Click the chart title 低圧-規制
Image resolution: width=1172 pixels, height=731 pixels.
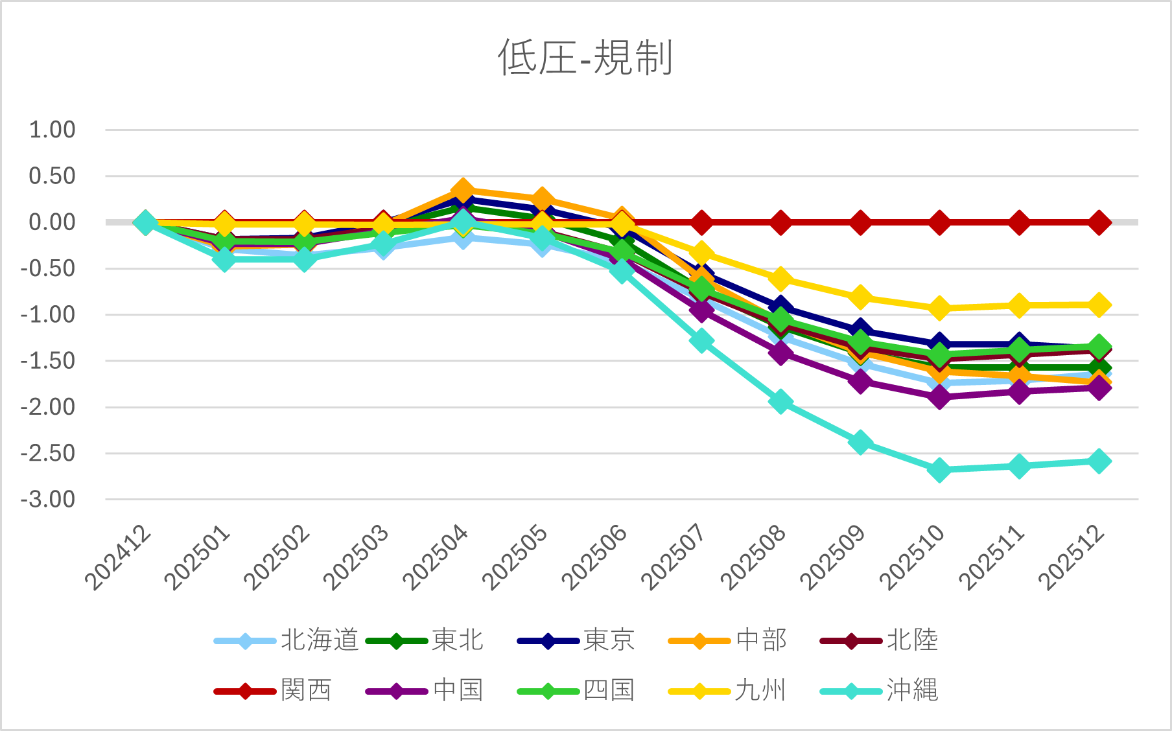point(585,58)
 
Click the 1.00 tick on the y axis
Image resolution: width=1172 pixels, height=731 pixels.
point(53,130)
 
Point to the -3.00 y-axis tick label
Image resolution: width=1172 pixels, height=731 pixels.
point(49,500)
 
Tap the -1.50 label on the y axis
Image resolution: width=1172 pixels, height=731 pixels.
point(49,361)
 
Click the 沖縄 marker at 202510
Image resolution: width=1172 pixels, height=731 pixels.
point(939,470)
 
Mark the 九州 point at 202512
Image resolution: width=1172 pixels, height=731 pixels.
point(1098,305)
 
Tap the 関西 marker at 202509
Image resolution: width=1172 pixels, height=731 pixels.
point(860,223)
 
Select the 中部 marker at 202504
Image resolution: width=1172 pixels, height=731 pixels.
point(462,191)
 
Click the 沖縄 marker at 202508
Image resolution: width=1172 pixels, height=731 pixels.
point(780,402)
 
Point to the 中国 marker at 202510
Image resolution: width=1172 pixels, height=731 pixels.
point(939,395)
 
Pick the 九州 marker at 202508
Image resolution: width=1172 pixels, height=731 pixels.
point(780,279)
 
